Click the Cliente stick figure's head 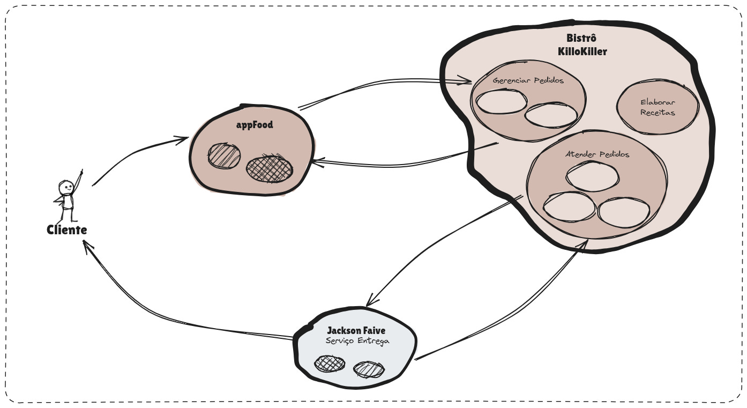[66, 188]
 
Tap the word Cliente [67, 231]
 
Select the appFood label [255, 125]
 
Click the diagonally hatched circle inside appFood [225, 155]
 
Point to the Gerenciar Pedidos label [528, 81]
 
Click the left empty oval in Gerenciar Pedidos [501, 102]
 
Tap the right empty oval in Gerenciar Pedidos [551, 114]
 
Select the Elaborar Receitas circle [658, 108]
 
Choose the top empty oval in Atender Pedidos [592, 176]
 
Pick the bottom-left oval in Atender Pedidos [569, 206]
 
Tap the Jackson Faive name [356, 331]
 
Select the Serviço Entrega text [357, 341]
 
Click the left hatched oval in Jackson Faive [330, 364]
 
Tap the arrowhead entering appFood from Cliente [183, 139]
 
